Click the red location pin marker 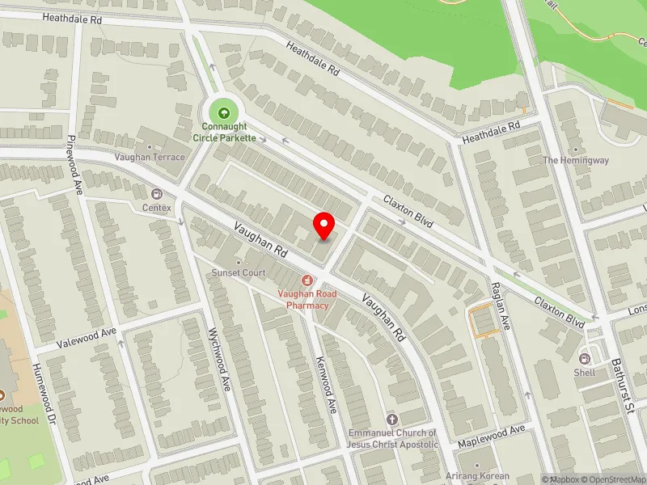coord(324,226)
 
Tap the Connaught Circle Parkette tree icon coord(224,111)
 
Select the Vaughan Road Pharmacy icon coord(307,280)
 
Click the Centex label coord(158,208)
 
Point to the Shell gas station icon coord(585,358)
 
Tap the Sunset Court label coord(239,273)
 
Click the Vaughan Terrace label coord(150,157)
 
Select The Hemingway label coord(576,160)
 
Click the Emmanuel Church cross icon coord(392,419)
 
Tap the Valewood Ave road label coord(87,337)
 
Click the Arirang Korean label coord(478,475)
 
